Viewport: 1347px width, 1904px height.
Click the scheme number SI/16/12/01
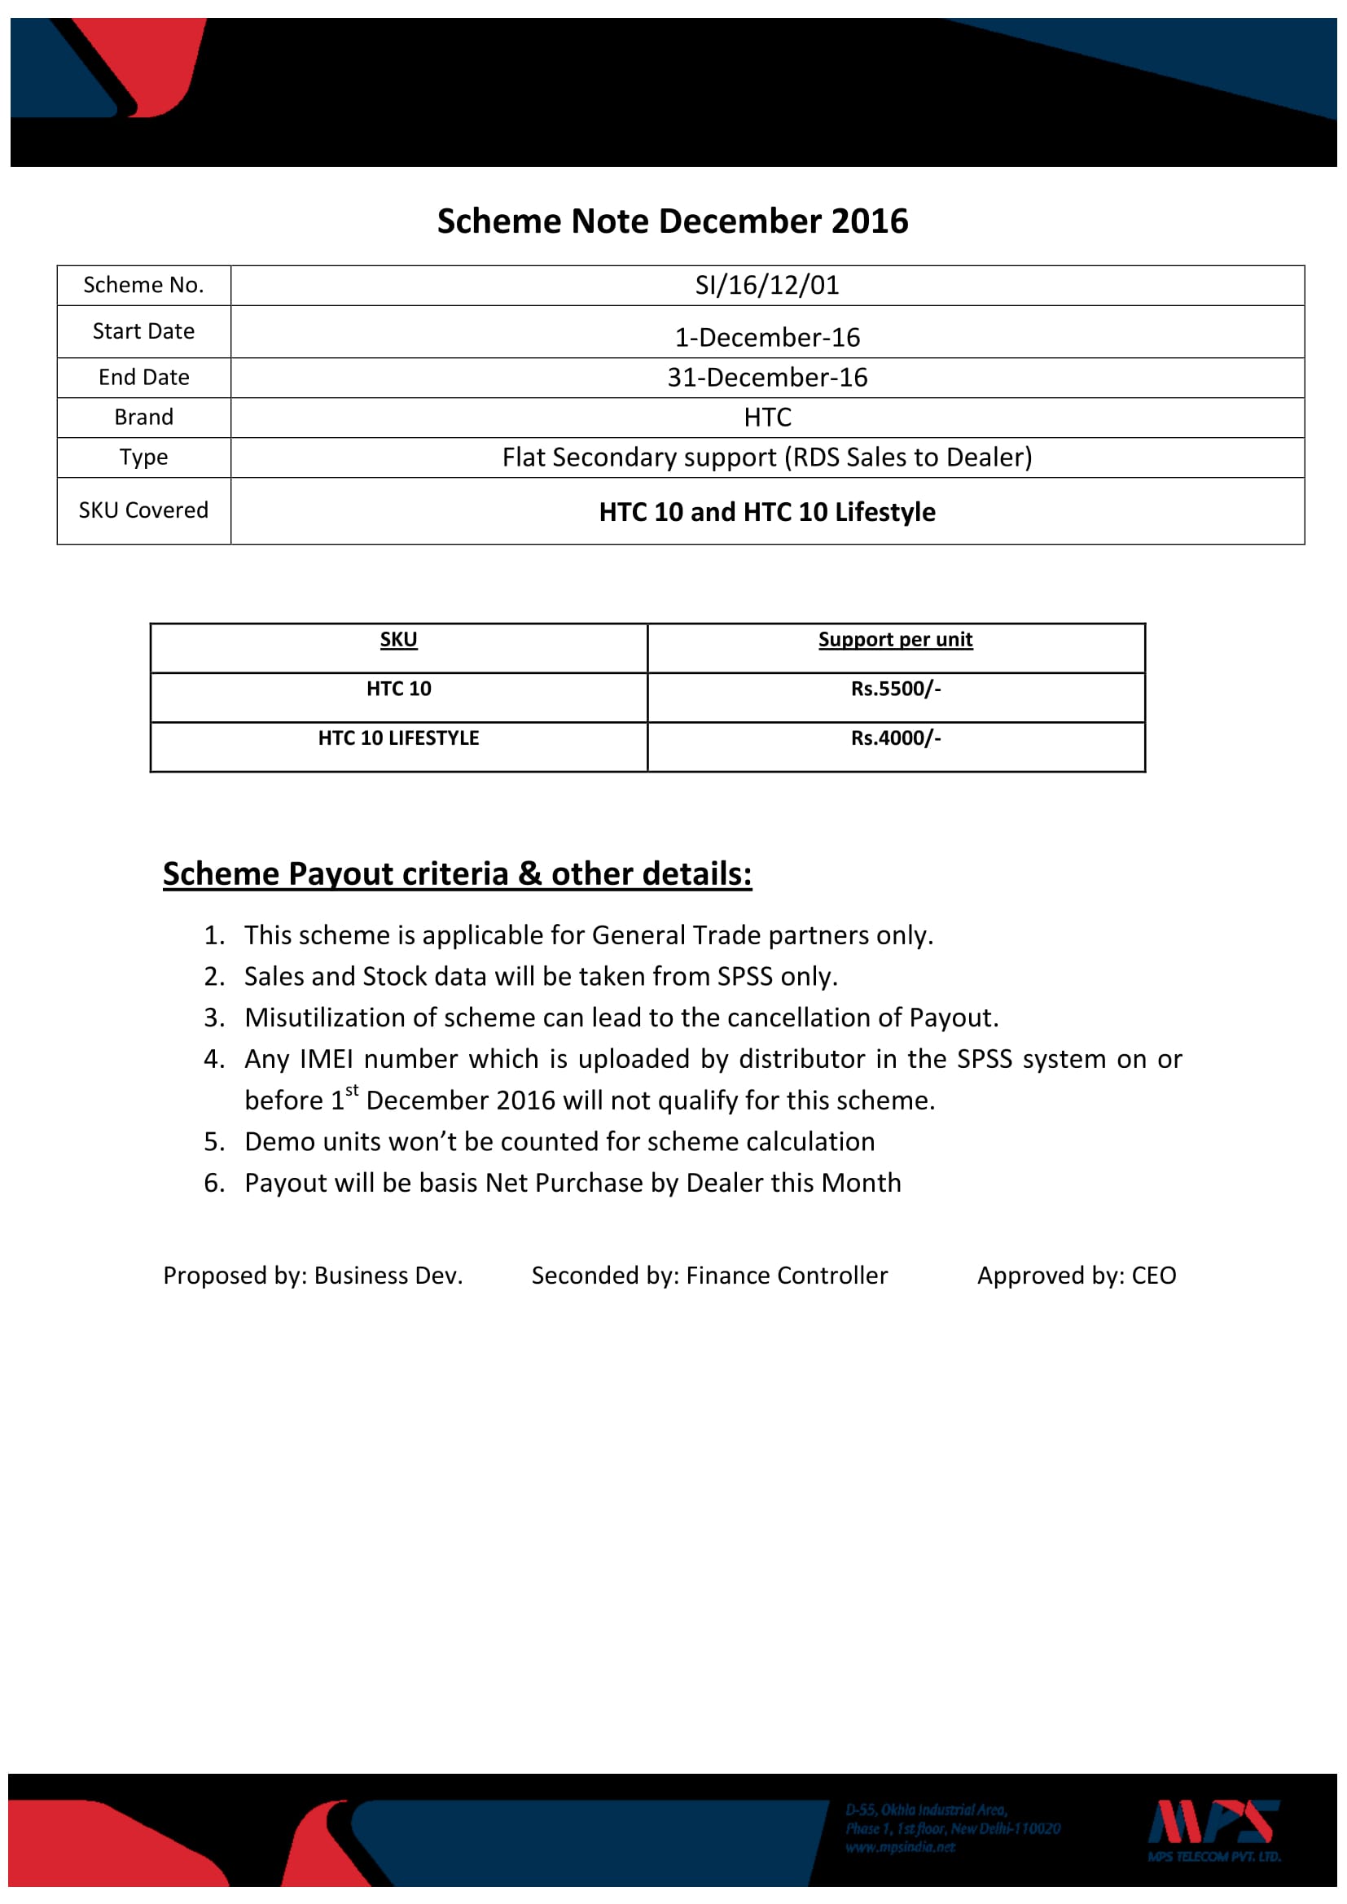[x=766, y=285]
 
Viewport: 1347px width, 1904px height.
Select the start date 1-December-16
[x=766, y=338]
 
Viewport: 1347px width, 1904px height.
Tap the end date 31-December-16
[x=766, y=378]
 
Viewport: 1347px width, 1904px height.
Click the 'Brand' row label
[x=143, y=417]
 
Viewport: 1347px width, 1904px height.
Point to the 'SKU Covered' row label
[x=143, y=510]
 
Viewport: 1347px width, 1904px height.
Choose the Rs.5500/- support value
[x=895, y=689]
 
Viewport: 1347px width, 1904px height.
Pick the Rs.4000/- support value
[x=895, y=738]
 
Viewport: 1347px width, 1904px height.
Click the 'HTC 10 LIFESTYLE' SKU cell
[x=398, y=738]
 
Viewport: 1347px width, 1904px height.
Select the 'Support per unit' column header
[x=895, y=639]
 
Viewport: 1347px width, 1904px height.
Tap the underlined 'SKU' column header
[x=398, y=639]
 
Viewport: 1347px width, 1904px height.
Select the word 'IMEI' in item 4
[x=326, y=1059]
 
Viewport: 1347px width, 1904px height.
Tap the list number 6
[x=213, y=1183]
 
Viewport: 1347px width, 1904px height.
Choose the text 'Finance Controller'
[x=787, y=1276]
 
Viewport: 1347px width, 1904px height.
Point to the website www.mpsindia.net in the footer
[x=900, y=1847]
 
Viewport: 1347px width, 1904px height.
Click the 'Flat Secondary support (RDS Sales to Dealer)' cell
[x=766, y=457]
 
